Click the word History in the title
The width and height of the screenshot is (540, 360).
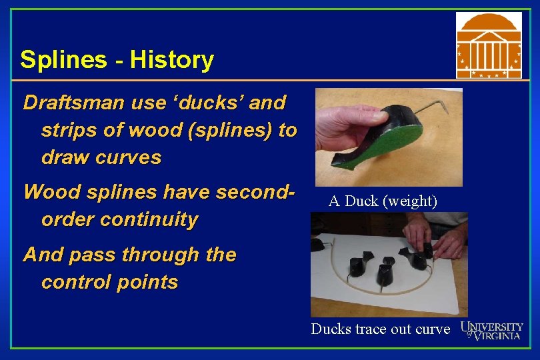point(172,61)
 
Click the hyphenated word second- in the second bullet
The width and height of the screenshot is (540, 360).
point(252,193)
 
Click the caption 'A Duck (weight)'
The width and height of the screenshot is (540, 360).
point(383,201)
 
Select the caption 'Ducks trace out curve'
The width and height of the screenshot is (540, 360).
point(380,329)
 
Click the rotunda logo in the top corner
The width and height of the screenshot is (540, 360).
point(489,45)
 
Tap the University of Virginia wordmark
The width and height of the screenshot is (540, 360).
point(492,330)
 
